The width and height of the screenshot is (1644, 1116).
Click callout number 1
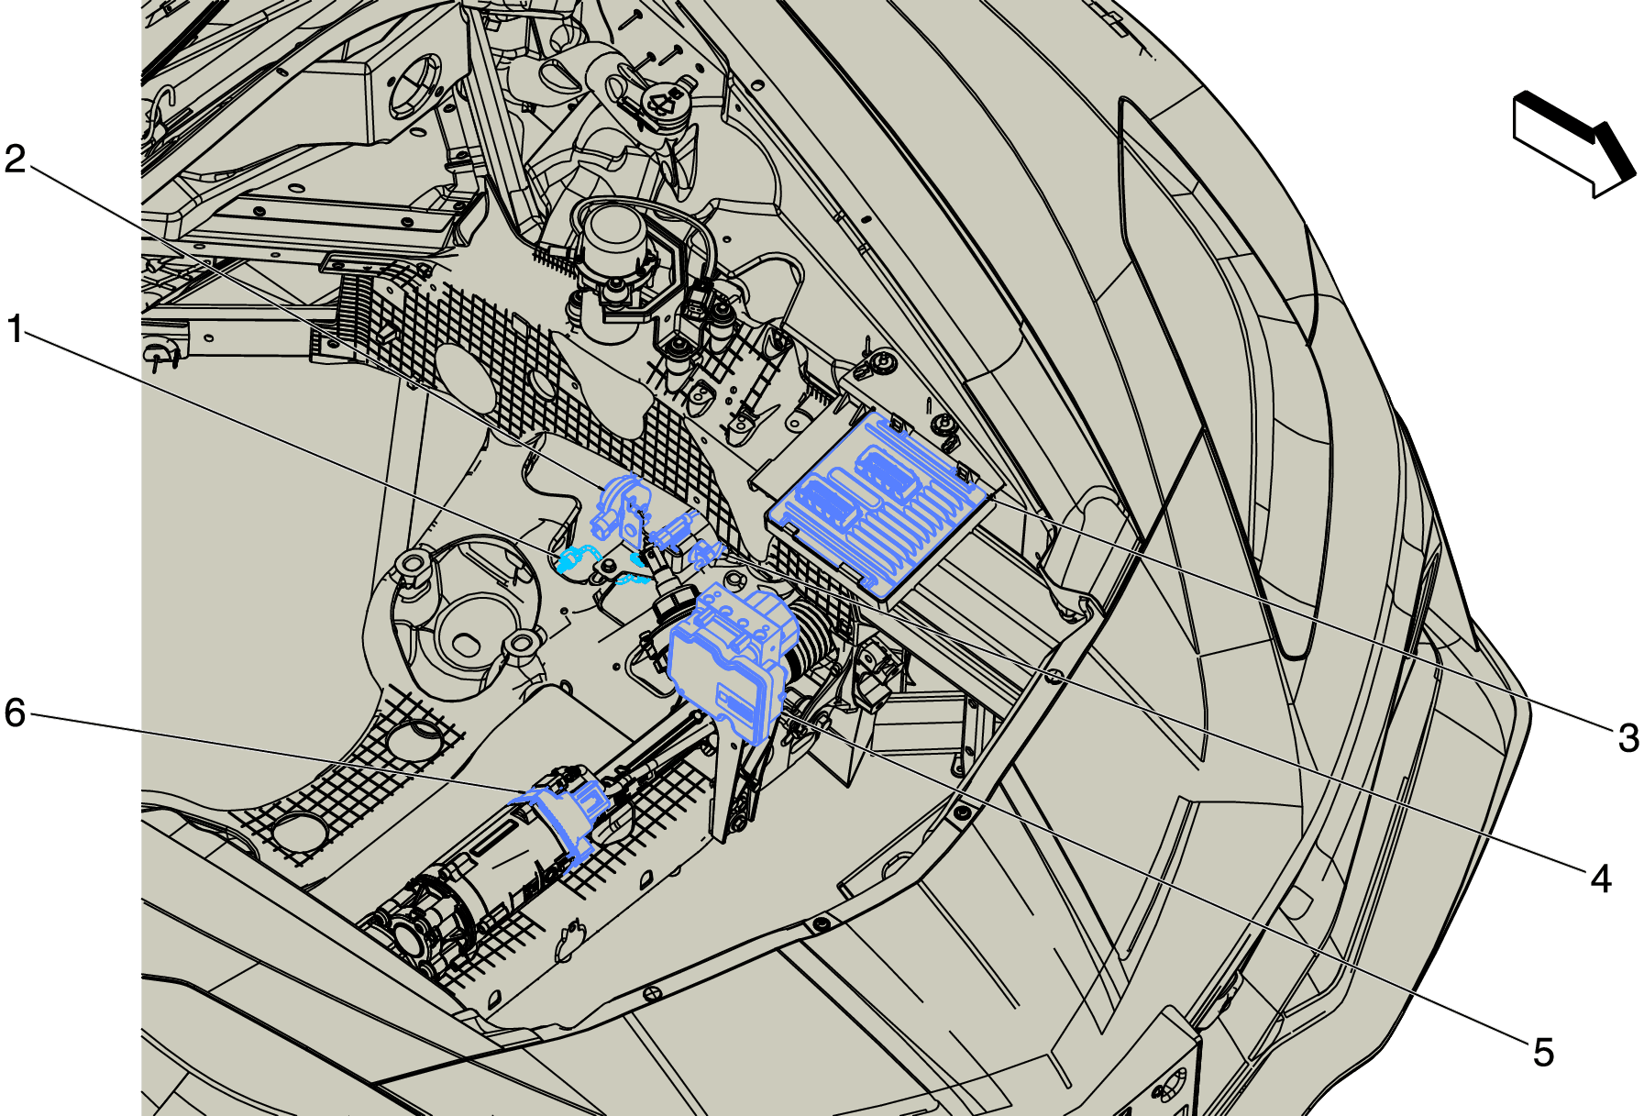click(15, 329)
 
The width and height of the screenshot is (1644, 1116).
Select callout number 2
click(16, 159)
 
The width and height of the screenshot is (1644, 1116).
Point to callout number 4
click(1601, 878)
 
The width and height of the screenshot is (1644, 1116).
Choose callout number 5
click(1544, 1053)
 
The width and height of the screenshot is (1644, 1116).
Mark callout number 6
click(16, 713)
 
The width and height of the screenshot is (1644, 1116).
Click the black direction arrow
click(1573, 144)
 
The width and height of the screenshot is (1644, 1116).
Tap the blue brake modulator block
click(731, 663)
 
